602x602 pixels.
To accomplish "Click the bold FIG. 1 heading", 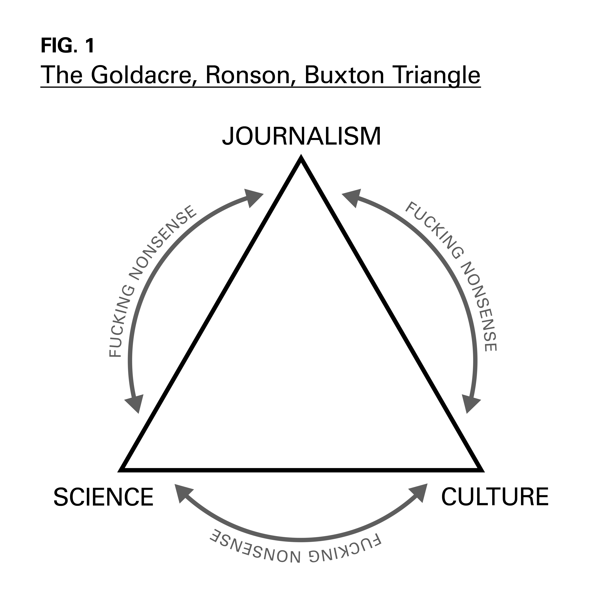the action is point(67,46).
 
